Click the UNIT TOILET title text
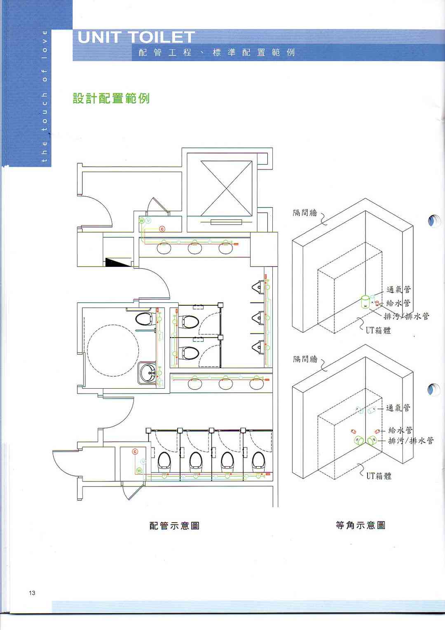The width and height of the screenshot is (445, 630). point(136,37)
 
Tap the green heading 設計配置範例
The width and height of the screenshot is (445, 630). point(111,98)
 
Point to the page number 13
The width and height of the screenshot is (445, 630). point(32,593)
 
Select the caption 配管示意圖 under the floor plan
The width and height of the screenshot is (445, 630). point(174,525)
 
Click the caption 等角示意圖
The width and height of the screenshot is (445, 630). point(361,525)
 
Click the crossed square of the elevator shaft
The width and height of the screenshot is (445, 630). point(227,189)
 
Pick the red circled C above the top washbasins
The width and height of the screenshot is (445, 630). point(162,229)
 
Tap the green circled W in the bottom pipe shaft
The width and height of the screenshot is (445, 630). point(139,470)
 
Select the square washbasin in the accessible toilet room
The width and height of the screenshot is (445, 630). point(147,373)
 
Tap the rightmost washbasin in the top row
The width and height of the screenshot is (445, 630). point(226,248)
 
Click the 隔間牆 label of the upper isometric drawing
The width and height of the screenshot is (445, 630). point(305,212)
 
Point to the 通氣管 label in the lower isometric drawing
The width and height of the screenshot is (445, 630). point(398,408)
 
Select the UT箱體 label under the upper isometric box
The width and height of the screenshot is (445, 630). point(378,330)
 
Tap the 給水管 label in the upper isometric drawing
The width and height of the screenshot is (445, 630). point(398,303)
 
